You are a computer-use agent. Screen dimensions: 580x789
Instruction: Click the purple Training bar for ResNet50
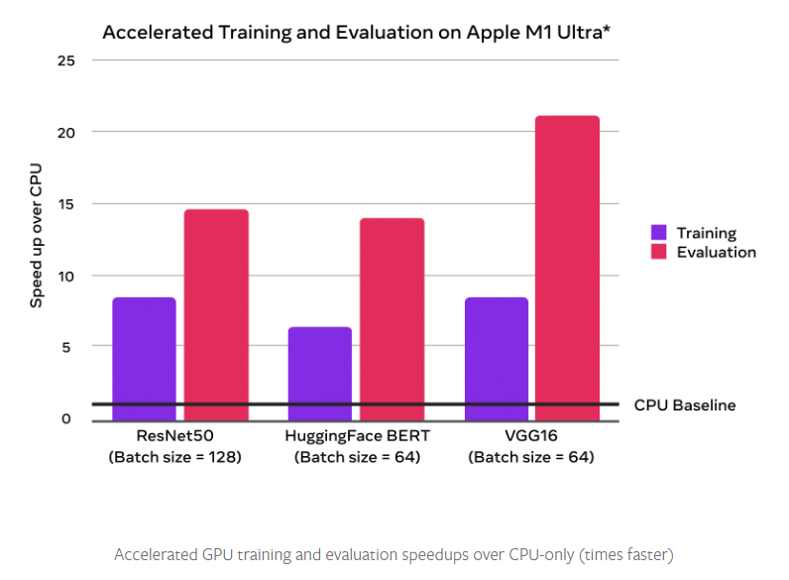(x=144, y=359)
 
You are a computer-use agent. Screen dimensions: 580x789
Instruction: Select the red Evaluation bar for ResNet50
(x=216, y=315)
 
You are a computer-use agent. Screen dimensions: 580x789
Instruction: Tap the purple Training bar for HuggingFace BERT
(x=319, y=374)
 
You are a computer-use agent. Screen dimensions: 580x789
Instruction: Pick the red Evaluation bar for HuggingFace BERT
(x=392, y=319)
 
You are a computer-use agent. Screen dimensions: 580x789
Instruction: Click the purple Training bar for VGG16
(x=496, y=359)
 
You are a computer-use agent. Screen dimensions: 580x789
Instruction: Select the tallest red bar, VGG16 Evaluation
(x=568, y=269)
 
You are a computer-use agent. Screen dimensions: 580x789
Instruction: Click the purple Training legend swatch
(x=659, y=233)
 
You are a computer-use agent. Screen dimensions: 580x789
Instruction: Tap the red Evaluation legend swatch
(x=659, y=252)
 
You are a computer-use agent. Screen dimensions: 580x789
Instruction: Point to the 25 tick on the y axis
(x=66, y=60)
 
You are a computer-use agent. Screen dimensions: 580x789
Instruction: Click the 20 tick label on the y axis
(x=66, y=132)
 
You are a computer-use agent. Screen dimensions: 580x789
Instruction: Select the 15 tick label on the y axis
(x=66, y=203)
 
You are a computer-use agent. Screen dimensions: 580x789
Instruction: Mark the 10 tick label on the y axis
(x=66, y=275)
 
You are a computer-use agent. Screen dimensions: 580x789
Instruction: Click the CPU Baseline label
(x=685, y=405)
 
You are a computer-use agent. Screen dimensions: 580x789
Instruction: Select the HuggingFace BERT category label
(x=356, y=437)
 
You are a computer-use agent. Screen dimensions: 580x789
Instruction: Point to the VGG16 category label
(x=532, y=437)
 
